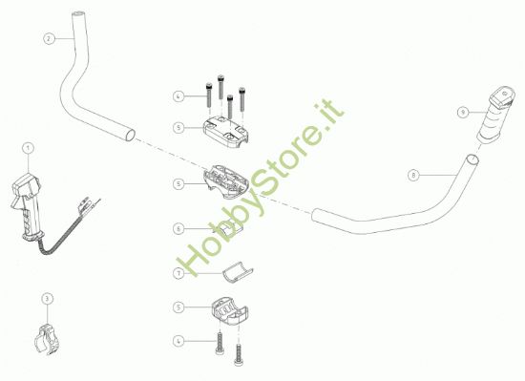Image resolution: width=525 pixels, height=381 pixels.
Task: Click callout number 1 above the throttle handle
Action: [x=29, y=148]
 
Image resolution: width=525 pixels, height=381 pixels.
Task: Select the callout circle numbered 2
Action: [x=49, y=39]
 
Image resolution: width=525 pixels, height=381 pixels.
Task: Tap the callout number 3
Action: [x=48, y=299]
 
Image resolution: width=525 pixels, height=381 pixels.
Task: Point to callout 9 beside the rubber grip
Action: [x=461, y=112]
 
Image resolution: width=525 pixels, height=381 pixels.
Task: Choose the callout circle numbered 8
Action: [x=412, y=176]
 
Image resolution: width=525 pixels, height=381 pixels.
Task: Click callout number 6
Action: [x=178, y=229]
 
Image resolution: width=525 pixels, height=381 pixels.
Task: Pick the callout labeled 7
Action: [x=178, y=273]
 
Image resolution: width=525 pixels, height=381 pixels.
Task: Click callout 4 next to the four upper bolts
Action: [x=178, y=96]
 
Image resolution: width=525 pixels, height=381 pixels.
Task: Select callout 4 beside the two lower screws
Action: [x=178, y=340]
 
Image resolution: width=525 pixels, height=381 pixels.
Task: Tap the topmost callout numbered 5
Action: [x=178, y=126]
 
